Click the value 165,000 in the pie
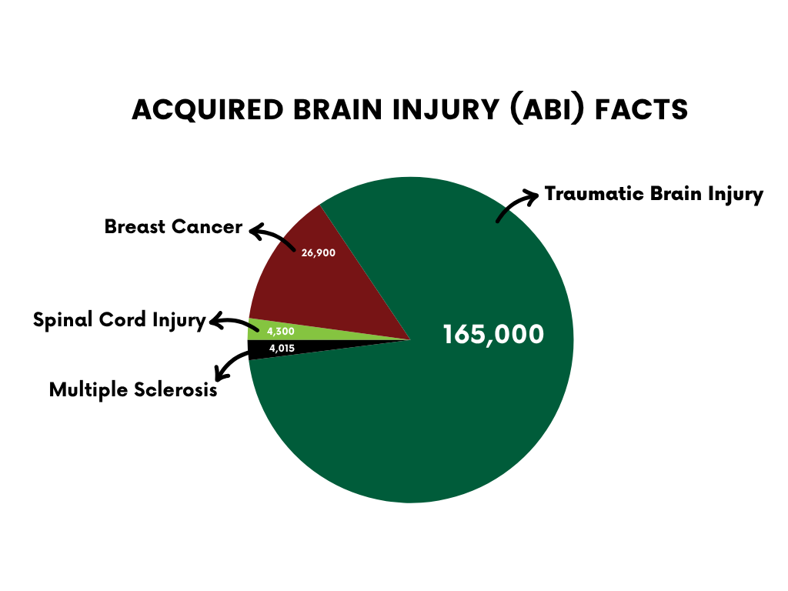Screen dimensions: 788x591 [493, 335]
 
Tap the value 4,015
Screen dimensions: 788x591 [282, 349]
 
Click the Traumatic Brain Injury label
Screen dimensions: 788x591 [653, 194]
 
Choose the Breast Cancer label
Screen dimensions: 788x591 [173, 228]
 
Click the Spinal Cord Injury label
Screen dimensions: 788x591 [119, 320]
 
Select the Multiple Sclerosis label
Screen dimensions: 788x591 [133, 390]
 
